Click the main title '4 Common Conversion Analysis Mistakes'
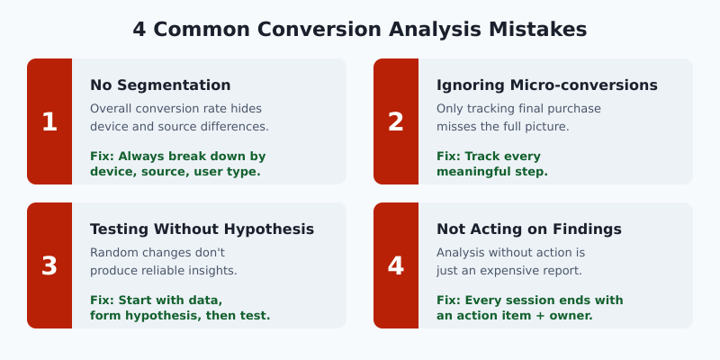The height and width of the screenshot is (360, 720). coord(360,30)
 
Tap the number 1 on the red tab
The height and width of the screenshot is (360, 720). coord(49,121)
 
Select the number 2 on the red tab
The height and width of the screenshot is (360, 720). coord(396,121)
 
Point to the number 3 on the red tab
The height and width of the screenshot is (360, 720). coord(49,265)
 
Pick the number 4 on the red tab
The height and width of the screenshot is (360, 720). coord(396,265)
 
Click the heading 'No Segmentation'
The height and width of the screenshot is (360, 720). coord(160,85)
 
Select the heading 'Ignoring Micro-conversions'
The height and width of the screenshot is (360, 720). coord(547,85)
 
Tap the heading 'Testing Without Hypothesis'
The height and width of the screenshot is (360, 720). coord(202,229)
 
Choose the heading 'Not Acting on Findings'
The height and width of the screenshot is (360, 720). coord(529,229)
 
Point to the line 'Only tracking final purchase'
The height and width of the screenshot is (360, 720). coord(518,109)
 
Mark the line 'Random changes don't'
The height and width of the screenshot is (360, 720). coord(157,253)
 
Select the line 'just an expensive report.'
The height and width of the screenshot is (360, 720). coord(509,271)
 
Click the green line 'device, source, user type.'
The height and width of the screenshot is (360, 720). coord(175,171)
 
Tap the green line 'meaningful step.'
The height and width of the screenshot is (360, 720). coord(492,171)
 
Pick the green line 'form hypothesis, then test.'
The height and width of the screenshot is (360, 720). coord(180,315)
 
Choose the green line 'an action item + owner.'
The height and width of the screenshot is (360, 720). coord(514,315)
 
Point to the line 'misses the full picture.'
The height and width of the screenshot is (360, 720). coord(503,127)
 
